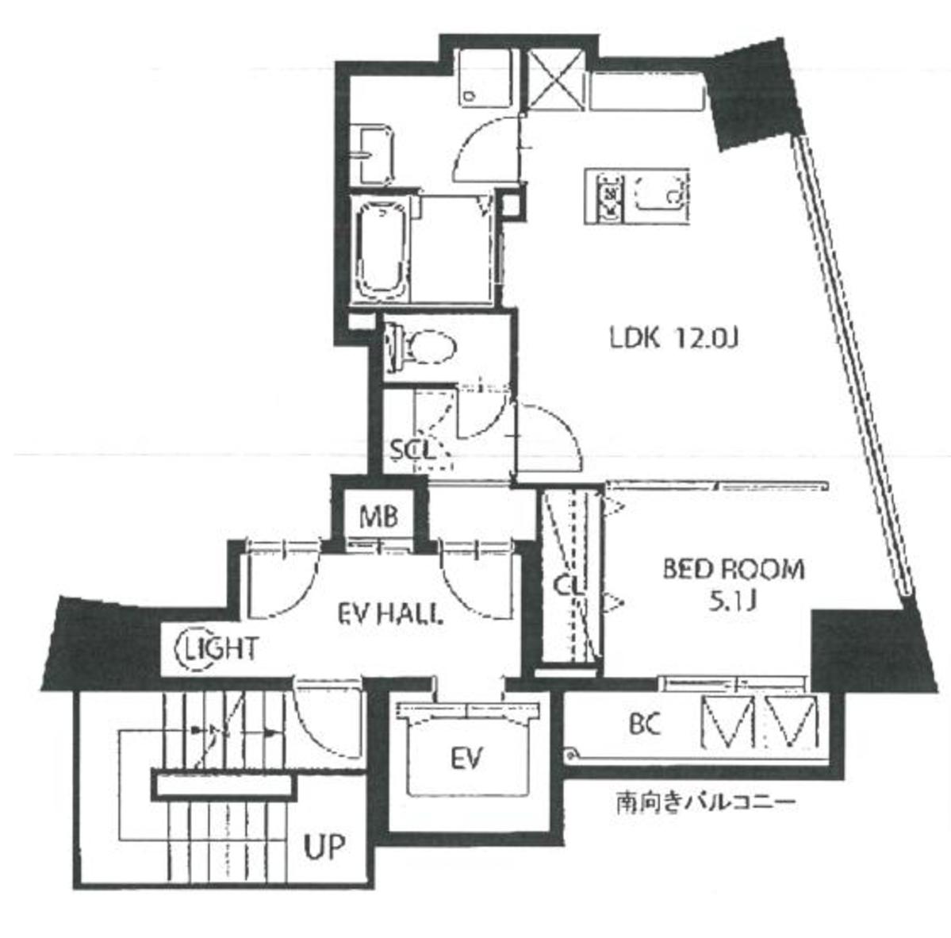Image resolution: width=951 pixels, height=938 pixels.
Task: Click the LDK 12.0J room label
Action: [x=673, y=338]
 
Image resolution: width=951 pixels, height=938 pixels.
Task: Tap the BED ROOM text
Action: [x=733, y=570]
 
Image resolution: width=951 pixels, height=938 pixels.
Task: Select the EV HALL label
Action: [x=389, y=614]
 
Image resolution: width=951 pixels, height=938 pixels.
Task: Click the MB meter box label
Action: [x=378, y=517]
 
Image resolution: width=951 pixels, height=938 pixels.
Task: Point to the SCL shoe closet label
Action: [x=412, y=450]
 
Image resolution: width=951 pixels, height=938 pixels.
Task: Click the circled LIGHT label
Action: [x=217, y=649]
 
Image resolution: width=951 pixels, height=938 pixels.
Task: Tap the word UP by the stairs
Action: [x=324, y=847]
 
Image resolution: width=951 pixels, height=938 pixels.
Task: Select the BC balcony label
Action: [x=644, y=724]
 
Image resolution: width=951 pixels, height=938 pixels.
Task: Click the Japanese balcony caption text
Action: [x=705, y=803]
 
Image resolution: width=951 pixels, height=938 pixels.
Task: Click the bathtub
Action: [x=381, y=251]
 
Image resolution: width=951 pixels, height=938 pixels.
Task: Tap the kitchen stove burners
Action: [x=609, y=195]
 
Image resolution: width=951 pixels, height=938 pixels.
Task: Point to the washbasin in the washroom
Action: [x=374, y=156]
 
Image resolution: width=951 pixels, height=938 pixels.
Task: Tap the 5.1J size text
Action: [x=732, y=600]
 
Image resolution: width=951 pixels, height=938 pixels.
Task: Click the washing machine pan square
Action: [x=485, y=78]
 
